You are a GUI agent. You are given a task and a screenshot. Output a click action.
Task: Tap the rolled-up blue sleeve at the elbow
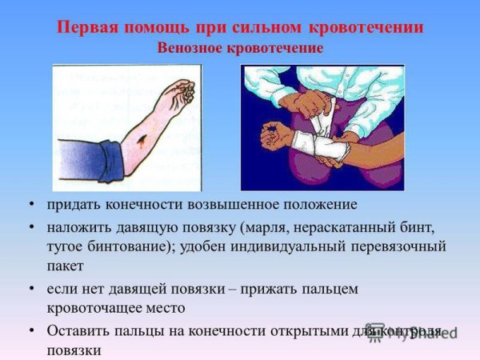pos(90,161)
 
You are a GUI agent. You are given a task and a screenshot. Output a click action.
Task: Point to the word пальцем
pos(335,288)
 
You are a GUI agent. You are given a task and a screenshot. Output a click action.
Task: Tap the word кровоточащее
pos(90,307)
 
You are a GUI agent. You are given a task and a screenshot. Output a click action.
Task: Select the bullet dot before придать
pos(31,205)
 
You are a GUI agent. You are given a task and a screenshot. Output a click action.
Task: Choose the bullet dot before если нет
pos(31,288)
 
